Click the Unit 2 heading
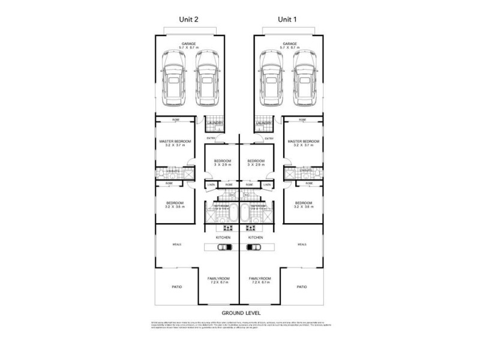coord(189,19)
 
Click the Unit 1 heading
coord(287,19)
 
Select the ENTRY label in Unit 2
coord(210,139)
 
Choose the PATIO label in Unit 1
coord(302,287)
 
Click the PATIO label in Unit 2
coord(176,287)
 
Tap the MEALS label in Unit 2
coord(177,244)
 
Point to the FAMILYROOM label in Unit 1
coord(259,278)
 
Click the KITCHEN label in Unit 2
coord(223,238)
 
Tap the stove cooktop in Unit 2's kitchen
coord(227,227)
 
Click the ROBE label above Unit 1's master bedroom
coord(304,120)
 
